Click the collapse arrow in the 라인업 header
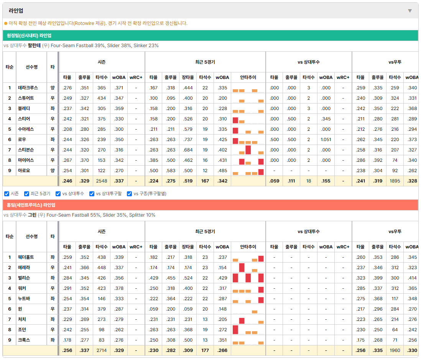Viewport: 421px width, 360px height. coord(410,11)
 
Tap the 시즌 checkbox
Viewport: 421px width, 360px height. coord(7,194)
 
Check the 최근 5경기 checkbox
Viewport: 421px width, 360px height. coord(26,194)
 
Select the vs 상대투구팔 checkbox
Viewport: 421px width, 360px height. coord(92,194)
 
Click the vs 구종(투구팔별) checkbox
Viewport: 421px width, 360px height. coord(130,194)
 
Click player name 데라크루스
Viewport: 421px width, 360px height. coord(28,88)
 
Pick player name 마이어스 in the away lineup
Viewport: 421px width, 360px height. coord(26,160)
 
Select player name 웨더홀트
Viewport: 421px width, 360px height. coord(26,257)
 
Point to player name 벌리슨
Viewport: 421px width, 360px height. coord(24,278)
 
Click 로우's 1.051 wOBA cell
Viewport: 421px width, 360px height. coord(326,140)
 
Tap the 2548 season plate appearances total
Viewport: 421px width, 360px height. coord(102,181)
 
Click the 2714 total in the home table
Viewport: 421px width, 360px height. coord(102,350)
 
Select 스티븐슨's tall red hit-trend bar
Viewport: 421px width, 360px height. coord(248,150)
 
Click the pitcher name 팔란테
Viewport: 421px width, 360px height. coord(34,46)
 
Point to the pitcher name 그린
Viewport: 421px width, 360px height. coord(32,215)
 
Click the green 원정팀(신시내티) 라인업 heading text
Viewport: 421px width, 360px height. coord(29,35)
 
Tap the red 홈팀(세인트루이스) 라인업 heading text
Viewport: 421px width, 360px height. coord(31,205)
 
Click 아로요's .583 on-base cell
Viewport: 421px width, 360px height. coord(171,171)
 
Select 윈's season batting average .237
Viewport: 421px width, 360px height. coord(67,309)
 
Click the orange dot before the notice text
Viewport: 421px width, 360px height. coord(6,23)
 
